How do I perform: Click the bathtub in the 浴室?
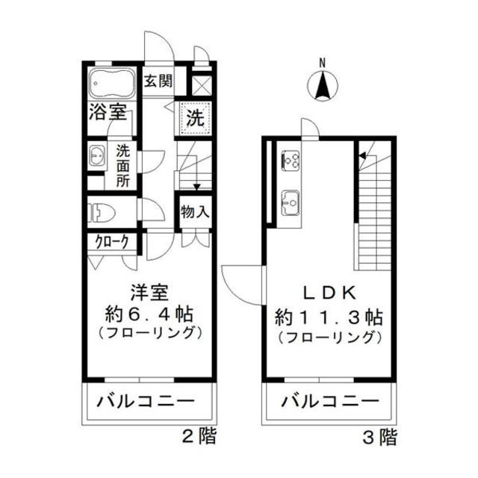coord(112,84)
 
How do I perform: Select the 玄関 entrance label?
coord(158,81)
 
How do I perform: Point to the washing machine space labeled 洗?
coord(194,118)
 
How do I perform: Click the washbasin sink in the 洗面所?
coord(97,157)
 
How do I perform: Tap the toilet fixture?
coord(101,213)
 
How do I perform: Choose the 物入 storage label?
coord(194,211)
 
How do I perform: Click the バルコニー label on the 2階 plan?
coord(146,402)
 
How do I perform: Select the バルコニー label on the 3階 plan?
coord(329,402)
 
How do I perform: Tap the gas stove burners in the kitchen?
coord(291,160)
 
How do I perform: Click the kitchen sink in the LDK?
coord(290,201)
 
